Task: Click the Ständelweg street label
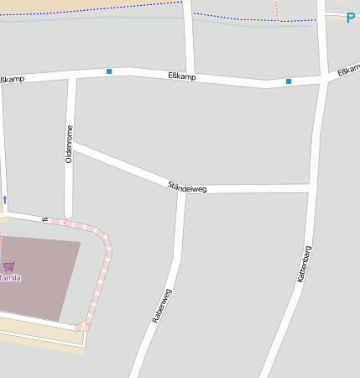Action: click(187, 186)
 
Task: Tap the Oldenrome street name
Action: click(70, 144)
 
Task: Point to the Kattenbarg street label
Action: click(304, 263)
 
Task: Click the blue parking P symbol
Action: click(351, 18)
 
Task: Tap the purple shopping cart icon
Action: click(8, 266)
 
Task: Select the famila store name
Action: click(9, 277)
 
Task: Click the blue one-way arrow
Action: click(4, 200)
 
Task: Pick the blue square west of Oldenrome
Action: click(109, 71)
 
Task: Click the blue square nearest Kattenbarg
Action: click(289, 81)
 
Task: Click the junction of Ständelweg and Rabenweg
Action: click(181, 190)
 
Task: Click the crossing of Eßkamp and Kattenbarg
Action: click(323, 79)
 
